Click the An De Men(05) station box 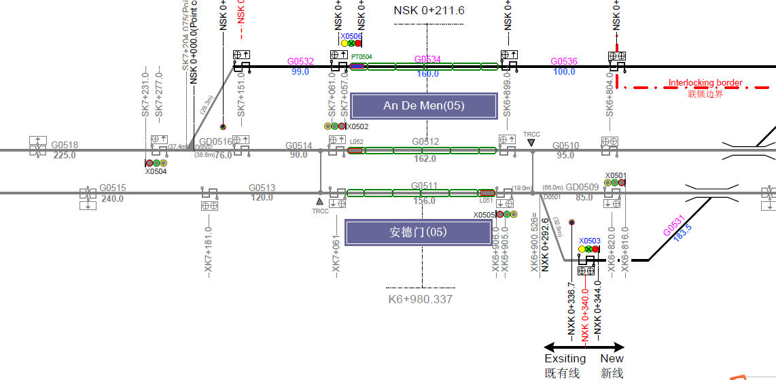(423, 105)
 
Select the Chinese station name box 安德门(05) (418, 232)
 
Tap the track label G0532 (300, 61)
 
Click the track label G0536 (564, 61)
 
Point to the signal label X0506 (351, 36)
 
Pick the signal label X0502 (357, 126)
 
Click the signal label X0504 (156, 171)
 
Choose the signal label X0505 (484, 215)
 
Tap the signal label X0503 (590, 241)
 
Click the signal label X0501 (616, 175)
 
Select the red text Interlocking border (705, 83)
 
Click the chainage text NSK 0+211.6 (429, 10)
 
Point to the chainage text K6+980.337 (421, 299)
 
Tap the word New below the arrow (612, 358)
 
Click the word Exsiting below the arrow (565, 358)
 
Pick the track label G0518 (65, 145)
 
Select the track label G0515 (113, 188)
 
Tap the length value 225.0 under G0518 (65, 155)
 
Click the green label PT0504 (361, 56)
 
